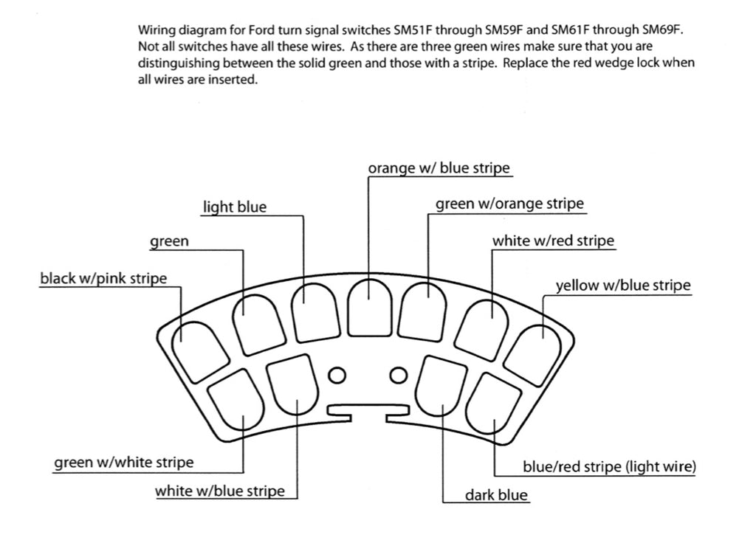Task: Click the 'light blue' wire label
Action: click(235, 207)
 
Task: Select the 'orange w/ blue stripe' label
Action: click(439, 168)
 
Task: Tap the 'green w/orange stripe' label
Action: click(509, 204)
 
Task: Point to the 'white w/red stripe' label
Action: click(553, 241)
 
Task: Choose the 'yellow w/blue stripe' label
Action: click(622, 286)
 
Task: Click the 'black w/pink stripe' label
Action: click(103, 279)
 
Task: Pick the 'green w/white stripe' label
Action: click(124, 463)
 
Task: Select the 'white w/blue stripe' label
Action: click(219, 491)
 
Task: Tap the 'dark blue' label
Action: click(496, 495)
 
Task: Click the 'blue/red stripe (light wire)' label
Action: click(608, 466)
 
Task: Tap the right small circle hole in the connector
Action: click(399, 376)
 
